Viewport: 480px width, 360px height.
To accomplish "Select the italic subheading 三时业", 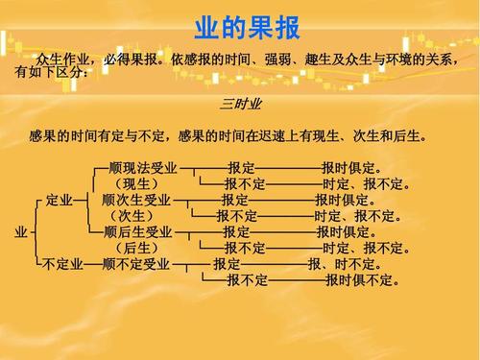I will point(240,103).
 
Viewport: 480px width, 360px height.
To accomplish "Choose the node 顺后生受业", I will point(138,232).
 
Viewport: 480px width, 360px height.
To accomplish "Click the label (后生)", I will point(137,248).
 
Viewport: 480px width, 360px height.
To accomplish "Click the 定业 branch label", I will point(59,201).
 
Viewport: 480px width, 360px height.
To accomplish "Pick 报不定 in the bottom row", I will point(247,280).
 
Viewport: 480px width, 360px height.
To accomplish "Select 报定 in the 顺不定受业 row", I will point(228,264).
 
